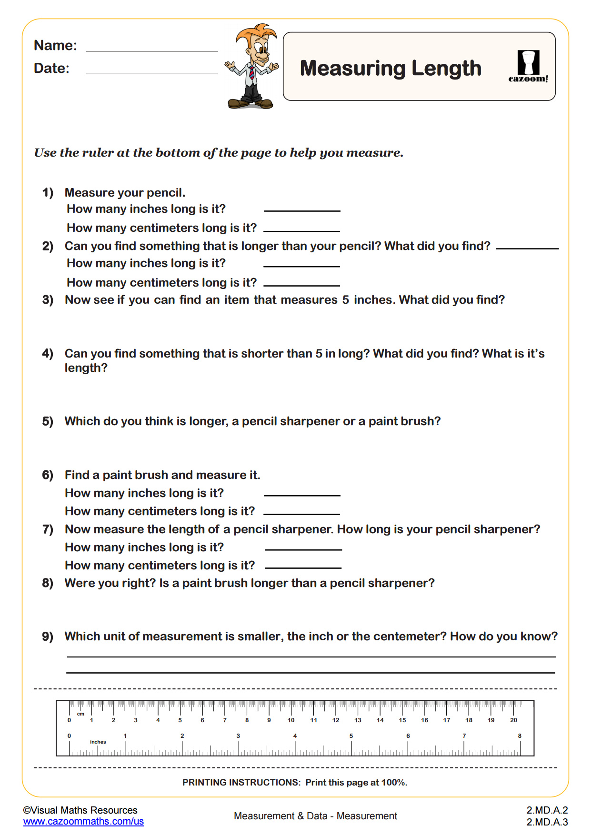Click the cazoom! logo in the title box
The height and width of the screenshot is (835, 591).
coord(528,67)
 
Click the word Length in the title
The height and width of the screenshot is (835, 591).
coord(446,68)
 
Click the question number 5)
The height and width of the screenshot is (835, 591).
coord(48,421)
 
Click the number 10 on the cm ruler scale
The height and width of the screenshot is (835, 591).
coord(291,720)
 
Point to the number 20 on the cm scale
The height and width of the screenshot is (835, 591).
coord(513,720)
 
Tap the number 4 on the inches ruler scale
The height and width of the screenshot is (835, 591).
coord(295,736)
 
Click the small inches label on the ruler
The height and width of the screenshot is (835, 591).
coord(98,742)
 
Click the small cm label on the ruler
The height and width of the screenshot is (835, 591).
coord(80,714)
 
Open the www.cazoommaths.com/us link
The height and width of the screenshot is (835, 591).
coord(83,822)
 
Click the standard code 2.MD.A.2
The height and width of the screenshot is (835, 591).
coord(547,810)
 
